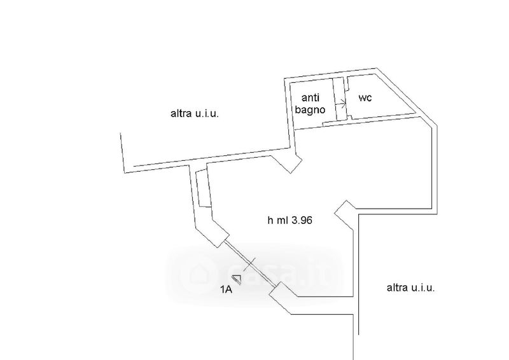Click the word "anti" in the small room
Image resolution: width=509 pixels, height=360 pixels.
tap(310, 98)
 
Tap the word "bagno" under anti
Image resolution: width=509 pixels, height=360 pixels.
tap(310, 109)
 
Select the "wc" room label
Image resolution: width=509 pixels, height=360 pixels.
tap(365, 98)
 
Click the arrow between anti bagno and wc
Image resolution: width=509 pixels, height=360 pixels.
tap(342, 103)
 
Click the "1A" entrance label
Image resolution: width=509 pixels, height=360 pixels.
tap(227, 290)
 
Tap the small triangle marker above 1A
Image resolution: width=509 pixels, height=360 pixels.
tap(237, 279)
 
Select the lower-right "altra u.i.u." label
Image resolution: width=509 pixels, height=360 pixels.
tap(411, 287)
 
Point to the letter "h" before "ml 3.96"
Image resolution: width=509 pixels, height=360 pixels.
tap(270, 221)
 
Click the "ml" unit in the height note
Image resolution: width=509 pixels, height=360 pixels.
tap(283, 221)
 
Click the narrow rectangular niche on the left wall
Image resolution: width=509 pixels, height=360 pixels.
tap(203, 188)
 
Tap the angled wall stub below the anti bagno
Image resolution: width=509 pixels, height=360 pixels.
tap(290, 163)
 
